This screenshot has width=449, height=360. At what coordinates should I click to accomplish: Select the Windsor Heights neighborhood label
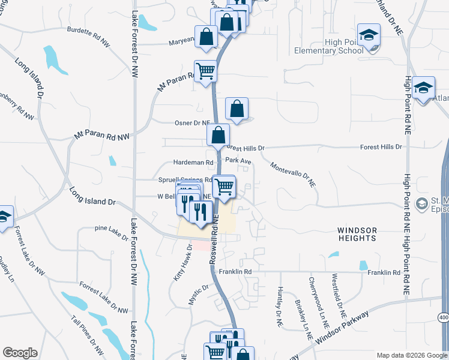pos(357,234)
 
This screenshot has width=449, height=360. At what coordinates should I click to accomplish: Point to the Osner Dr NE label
pos(191,123)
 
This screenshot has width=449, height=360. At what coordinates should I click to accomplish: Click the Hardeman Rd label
pos(193,163)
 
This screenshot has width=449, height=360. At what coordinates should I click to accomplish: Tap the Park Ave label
pos(238,161)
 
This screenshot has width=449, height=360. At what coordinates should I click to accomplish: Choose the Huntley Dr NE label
pos(279,305)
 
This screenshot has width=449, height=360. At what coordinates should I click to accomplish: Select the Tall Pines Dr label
pos(88,337)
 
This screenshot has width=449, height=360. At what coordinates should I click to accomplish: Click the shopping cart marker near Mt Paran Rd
pos(205,71)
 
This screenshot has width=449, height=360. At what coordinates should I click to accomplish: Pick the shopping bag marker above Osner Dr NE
pos(237,109)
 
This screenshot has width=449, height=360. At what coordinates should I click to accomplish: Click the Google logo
pos(20,353)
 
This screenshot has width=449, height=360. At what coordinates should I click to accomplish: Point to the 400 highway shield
pos(443,317)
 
